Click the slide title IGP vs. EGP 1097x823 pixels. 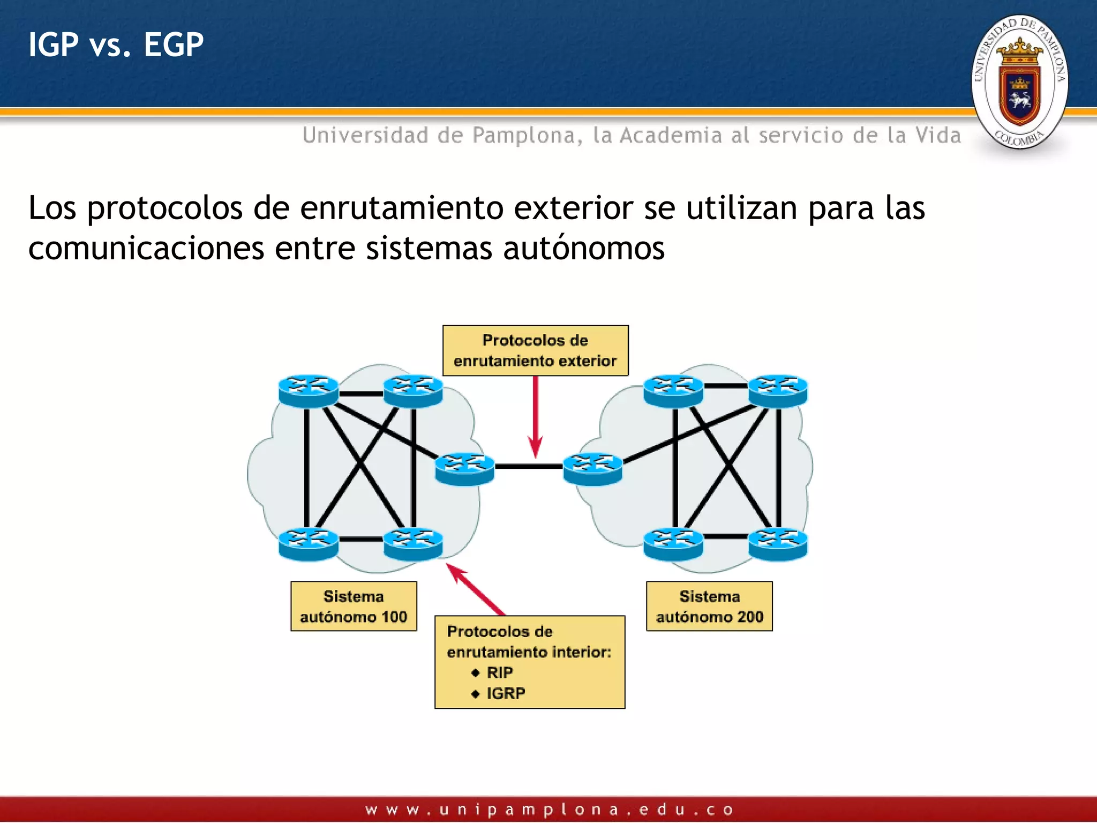coord(116,44)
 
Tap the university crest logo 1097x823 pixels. coord(1019,82)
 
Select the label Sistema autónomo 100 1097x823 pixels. coord(354,606)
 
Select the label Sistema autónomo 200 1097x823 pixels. coord(709,606)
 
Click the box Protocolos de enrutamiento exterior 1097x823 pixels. coord(535,350)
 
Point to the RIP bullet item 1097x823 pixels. coord(499,672)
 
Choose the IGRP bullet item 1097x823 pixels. coord(505,693)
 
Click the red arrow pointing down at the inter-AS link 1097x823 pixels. coord(535,418)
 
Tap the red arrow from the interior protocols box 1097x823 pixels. coord(476,589)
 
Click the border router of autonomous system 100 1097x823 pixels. coord(464,468)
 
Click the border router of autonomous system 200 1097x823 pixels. coord(592,468)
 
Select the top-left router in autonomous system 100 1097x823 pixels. coord(309,390)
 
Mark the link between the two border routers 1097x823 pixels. coord(529,467)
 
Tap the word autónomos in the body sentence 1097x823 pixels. coord(584,249)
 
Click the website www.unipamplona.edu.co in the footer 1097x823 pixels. coord(548,809)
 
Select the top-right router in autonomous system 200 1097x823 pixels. coord(777,390)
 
